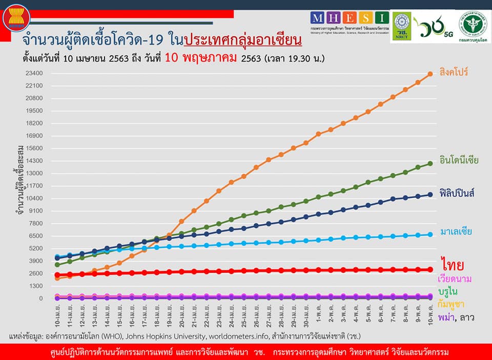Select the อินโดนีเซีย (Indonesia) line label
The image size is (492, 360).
point(459,159)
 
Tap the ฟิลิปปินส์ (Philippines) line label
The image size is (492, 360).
point(457,193)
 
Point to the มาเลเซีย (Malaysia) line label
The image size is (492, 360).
point(456,231)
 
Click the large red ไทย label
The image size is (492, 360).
point(452,265)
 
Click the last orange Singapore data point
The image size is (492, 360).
point(430,74)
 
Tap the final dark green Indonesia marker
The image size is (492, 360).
point(430,163)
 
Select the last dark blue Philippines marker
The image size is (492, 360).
point(430,195)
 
